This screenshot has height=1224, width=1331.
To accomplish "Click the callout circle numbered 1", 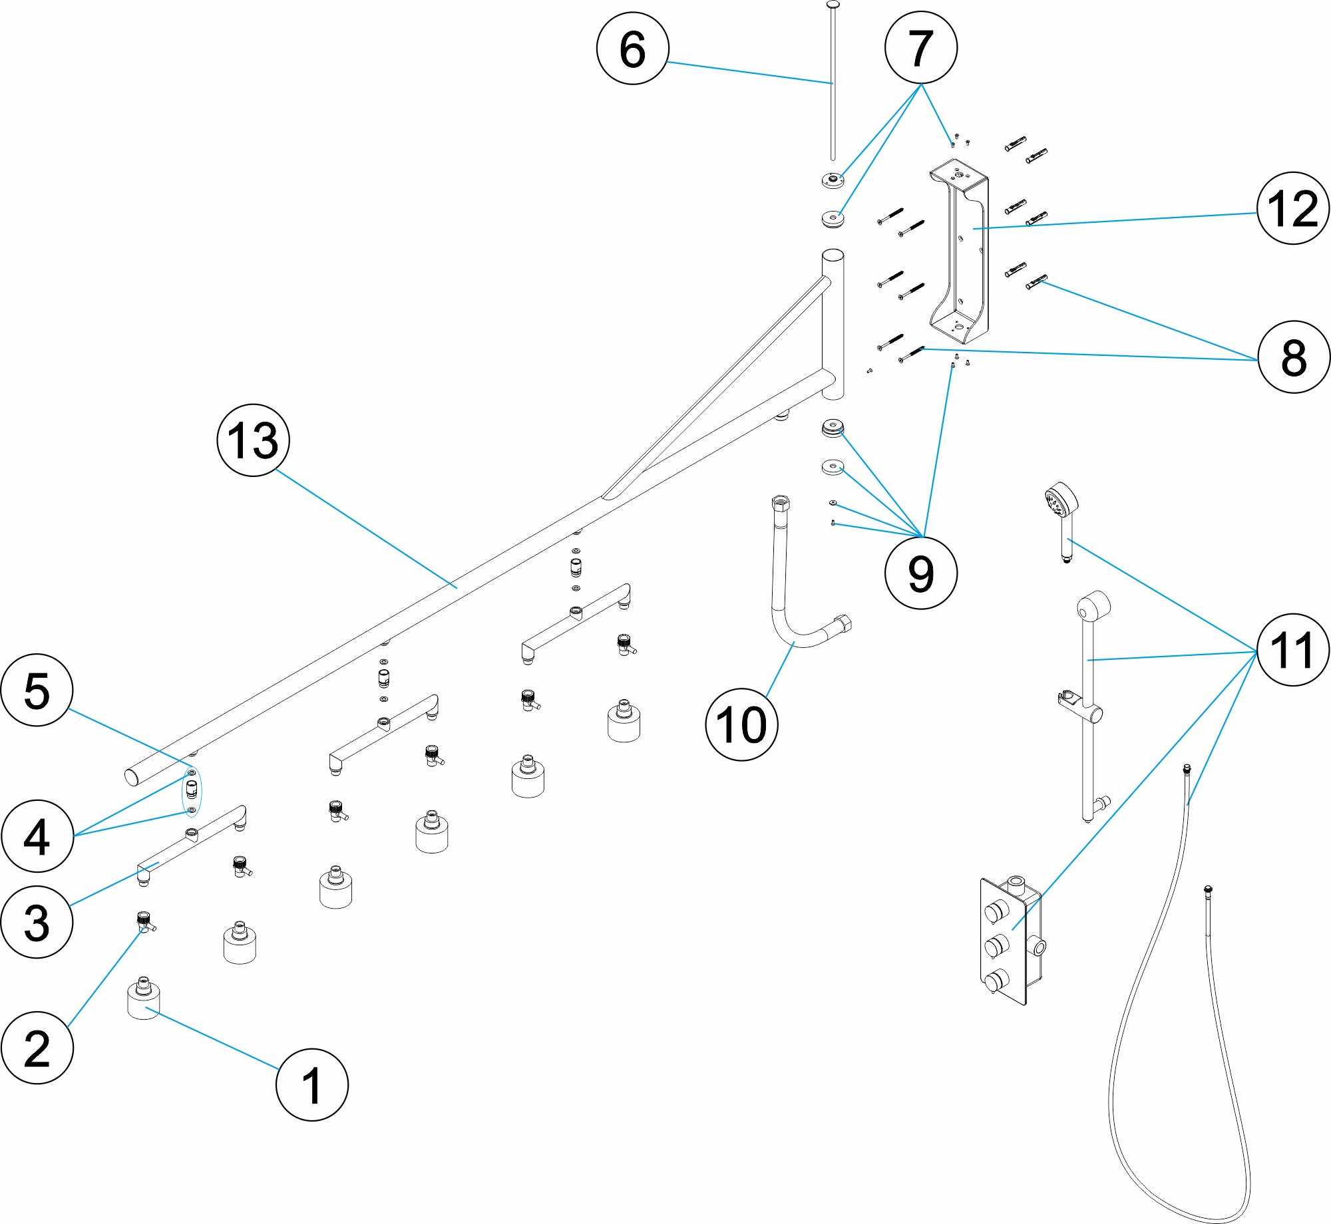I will [x=312, y=1084].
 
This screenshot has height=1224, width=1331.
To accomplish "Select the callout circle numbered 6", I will [x=632, y=49].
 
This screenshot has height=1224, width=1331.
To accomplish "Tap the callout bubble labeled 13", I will [x=254, y=440].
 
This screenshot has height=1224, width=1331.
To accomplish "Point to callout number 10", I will [x=741, y=724].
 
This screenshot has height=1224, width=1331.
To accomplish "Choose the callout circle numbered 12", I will [x=1293, y=208].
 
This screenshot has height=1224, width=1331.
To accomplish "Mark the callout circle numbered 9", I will [x=921, y=573].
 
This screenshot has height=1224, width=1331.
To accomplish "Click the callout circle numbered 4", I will [x=37, y=836].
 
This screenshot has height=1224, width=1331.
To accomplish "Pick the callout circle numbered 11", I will [x=1293, y=650].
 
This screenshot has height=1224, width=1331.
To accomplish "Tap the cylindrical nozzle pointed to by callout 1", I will [x=144, y=1000].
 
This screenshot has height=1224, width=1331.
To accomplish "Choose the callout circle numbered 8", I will [x=1293, y=357].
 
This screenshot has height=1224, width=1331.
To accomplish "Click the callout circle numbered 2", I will [x=37, y=1048].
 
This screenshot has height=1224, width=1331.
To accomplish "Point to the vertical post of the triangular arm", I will [x=833, y=326].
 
